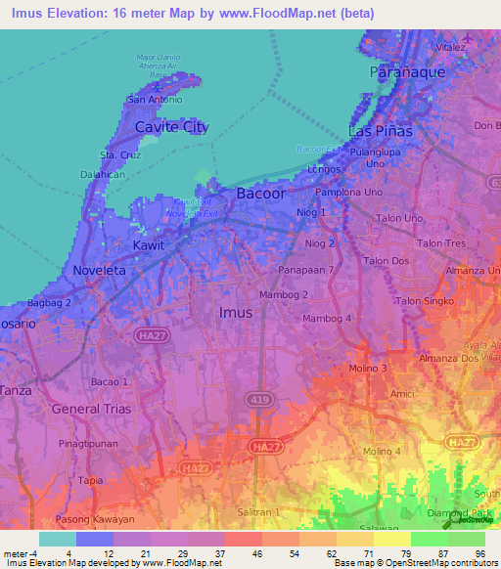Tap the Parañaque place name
click(x=408, y=72)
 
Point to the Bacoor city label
click(x=261, y=194)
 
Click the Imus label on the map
click(x=235, y=313)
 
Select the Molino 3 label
click(x=370, y=368)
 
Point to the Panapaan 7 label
click(x=305, y=269)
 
